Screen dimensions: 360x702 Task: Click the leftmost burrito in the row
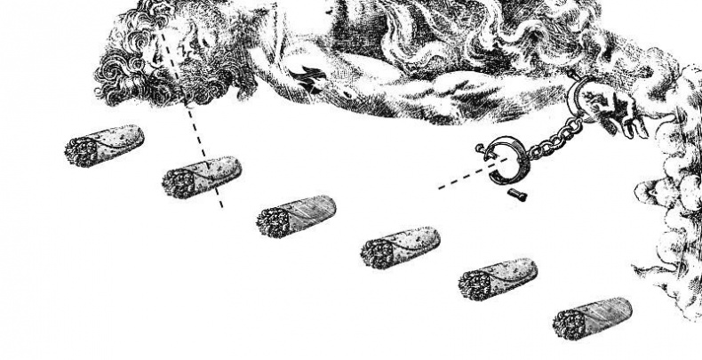coord(103,145)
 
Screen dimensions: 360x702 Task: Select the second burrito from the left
coord(201,177)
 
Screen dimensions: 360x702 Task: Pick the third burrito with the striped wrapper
coord(296,216)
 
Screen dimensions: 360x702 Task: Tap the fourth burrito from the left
coord(400,247)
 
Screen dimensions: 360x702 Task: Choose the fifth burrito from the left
coord(498,279)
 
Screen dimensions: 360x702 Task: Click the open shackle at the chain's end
coord(511,161)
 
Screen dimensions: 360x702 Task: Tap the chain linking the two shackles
coord(551,133)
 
